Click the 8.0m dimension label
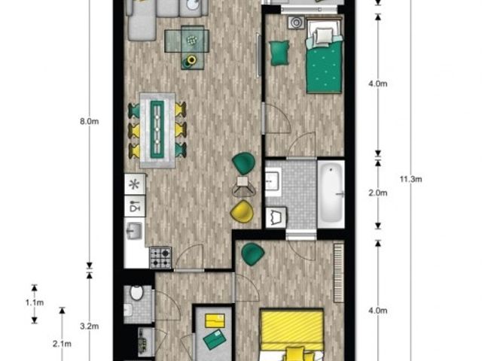pos(89,122)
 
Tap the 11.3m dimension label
pos(410,179)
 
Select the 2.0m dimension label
pos(378,193)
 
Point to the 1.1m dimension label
pos(35,302)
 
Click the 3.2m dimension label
pos(89,326)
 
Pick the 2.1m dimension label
pos(62,344)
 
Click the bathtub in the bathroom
pos(331,194)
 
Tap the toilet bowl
pos(136,293)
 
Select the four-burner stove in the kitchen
pos(160,258)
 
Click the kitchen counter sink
pos(135,231)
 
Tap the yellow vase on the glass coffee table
pos(191,60)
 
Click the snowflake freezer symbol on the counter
pos(134,184)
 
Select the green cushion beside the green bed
pos(279,53)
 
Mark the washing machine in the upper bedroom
pos(296,23)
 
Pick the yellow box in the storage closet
pos(215,321)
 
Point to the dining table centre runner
pos(157,129)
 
